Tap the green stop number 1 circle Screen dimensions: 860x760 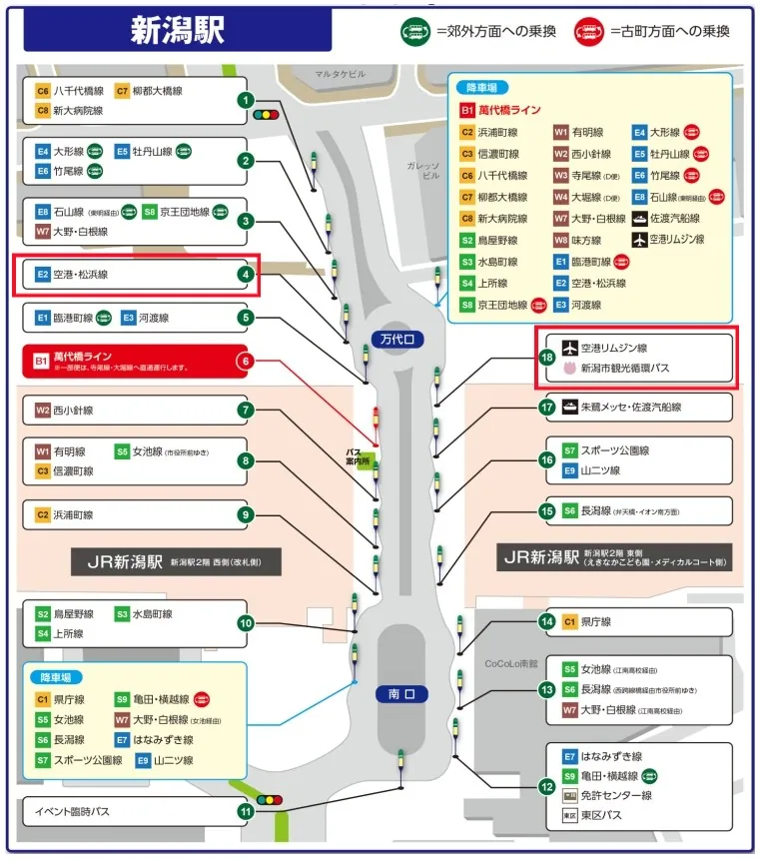[246, 100]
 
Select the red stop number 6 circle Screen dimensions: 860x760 [246, 361]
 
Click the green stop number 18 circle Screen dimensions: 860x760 [546, 357]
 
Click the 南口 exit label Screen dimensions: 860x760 [400, 693]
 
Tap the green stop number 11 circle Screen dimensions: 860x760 [246, 811]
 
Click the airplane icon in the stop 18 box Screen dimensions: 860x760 [570, 348]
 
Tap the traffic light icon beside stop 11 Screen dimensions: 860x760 [270, 800]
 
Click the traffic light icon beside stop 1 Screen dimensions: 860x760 [266, 115]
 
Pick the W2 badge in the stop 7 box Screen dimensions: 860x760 [43, 410]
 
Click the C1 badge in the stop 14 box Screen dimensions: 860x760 [570, 621]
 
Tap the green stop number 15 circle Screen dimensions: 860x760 [546, 511]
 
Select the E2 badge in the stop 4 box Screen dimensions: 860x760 [43, 274]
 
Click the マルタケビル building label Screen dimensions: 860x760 [343, 73]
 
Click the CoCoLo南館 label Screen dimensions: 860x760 [511, 662]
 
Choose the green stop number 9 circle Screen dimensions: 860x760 [246, 514]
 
